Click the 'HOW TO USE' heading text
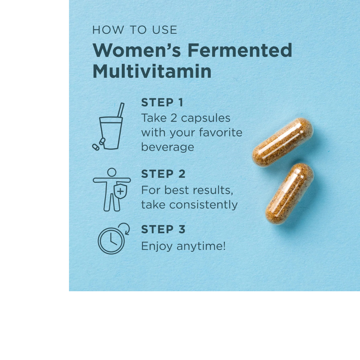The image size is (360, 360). pos(135,30)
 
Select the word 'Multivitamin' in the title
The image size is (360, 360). pos(152,71)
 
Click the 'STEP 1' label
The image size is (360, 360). pos(162,103)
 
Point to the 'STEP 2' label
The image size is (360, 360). pos(163,174)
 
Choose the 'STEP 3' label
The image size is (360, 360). pos(163,229)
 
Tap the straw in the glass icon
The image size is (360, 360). pos(121,110)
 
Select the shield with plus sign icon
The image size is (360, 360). pos(120,191)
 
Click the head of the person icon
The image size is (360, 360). pos(112,172)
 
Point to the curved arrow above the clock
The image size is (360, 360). pos(124,228)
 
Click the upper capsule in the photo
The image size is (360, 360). pos(282,142)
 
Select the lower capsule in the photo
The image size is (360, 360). pos(289,193)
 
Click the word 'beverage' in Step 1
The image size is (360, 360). pos(167,147)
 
